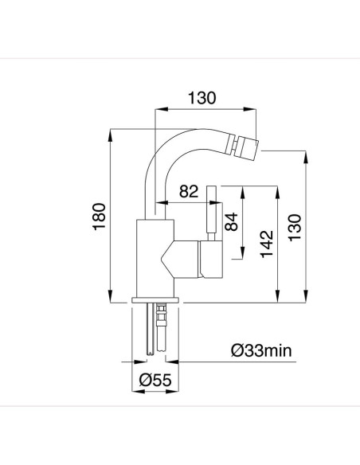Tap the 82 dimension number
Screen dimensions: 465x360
tap(190, 192)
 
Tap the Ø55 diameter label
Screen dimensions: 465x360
tap(153, 380)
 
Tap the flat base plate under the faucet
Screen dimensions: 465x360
tap(157, 299)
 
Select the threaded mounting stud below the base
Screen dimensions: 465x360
tap(162, 326)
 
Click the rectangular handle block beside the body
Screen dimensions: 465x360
tap(210, 260)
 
